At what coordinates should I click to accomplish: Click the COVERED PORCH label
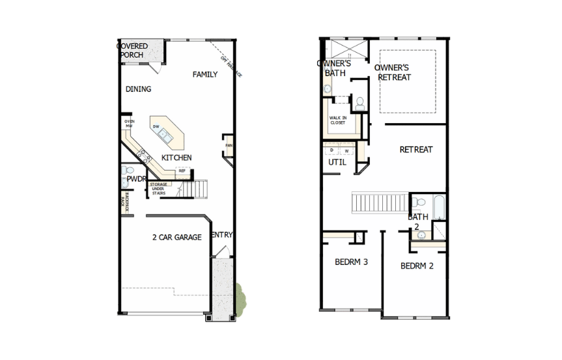(132, 51)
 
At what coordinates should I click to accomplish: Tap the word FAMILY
(204, 75)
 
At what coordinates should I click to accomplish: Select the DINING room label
(138, 89)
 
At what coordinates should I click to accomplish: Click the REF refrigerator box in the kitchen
(182, 171)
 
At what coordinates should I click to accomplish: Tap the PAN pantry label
(229, 145)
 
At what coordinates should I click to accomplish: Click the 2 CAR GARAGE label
(176, 237)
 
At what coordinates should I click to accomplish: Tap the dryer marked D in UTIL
(333, 150)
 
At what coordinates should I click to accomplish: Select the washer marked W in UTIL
(346, 150)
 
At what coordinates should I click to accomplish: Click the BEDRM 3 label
(352, 262)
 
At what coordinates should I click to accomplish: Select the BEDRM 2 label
(417, 266)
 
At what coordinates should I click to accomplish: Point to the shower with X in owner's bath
(345, 49)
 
